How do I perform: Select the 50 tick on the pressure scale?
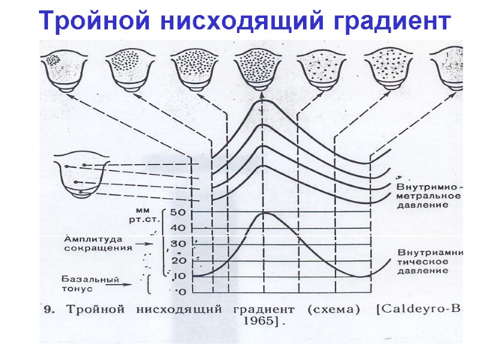[x=178, y=212]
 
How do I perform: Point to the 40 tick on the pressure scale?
[x=178, y=228]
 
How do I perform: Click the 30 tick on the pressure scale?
[x=178, y=244]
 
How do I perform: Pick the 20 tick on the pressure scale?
[x=178, y=260]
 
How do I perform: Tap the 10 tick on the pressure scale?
[x=178, y=276]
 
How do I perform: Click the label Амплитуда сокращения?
[x=98, y=243]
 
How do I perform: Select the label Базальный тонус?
[x=90, y=284]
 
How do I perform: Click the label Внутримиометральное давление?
[x=428, y=196]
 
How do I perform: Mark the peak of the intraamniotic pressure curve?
[x=266, y=214]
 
